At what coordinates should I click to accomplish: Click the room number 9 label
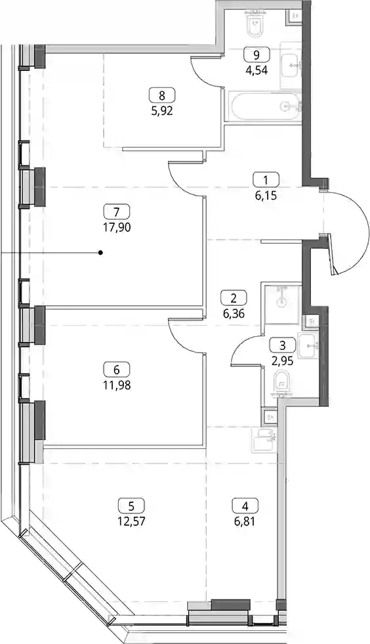point(257,54)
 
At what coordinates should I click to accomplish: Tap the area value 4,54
point(257,70)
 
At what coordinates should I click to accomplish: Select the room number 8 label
point(161,96)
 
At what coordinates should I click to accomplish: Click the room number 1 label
point(266,180)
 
